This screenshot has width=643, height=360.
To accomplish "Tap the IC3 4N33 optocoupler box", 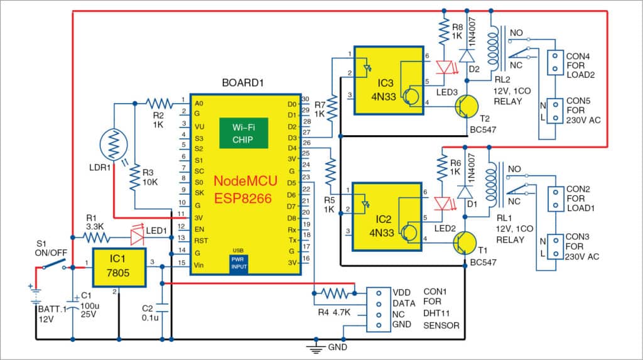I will coord(388,80).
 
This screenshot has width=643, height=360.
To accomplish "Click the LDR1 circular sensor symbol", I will coord(114,148).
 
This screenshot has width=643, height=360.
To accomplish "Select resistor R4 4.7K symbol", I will coord(333,293).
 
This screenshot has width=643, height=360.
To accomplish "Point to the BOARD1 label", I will coord(242,83).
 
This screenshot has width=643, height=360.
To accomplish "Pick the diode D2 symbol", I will coord(465,55).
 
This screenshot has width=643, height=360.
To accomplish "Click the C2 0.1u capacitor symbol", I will coord(162,308).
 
